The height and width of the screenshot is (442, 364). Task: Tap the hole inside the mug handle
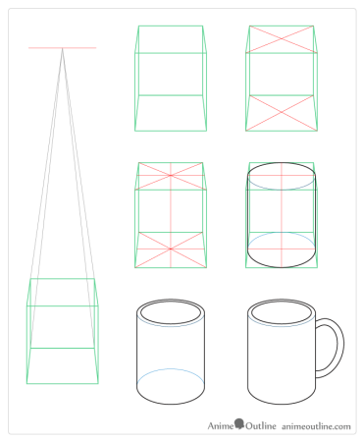click(327, 347)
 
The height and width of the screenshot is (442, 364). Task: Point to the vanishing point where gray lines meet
click(63, 48)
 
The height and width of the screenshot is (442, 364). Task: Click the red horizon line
click(63, 48)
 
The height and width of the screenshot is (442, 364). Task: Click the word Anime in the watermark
click(221, 426)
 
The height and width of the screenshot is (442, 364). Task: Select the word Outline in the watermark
click(261, 426)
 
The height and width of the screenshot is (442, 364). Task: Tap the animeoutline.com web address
click(316, 426)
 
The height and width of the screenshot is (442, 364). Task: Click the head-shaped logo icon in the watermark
click(239, 423)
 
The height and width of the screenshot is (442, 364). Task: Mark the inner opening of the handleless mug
click(171, 312)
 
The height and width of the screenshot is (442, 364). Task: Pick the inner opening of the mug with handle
click(282, 312)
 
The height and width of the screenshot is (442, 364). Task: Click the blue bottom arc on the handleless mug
click(171, 369)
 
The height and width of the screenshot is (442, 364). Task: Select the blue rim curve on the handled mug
click(282, 326)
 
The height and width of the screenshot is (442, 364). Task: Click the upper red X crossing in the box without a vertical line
click(282, 39)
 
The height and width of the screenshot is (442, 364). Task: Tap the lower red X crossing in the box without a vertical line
click(282, 112)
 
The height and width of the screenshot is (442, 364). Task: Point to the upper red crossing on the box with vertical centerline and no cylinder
click(171, 176)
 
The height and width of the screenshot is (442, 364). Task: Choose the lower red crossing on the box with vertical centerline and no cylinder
click(171, 249)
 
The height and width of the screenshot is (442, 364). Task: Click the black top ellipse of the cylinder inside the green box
click(282, 162)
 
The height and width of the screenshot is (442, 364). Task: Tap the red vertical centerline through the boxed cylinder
click(282, 215)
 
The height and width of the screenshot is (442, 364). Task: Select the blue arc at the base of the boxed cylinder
click(282, 233)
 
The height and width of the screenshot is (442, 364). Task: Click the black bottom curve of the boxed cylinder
click(282, 267)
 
